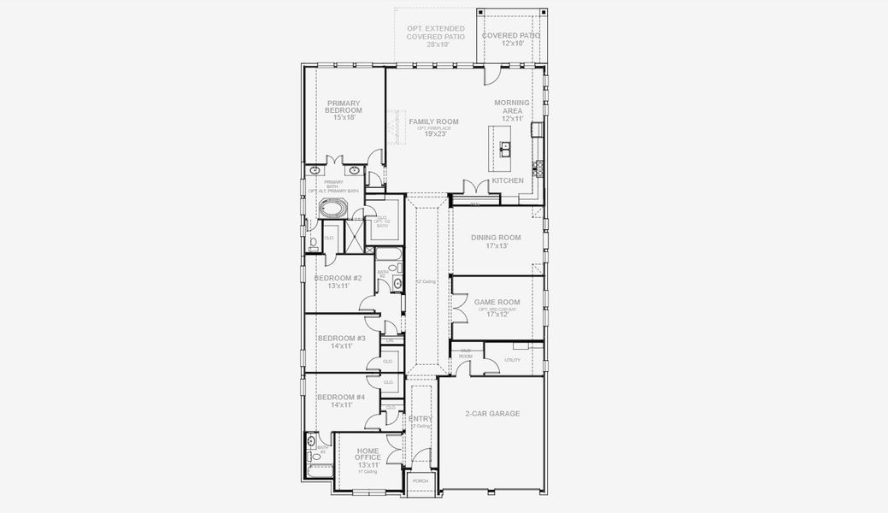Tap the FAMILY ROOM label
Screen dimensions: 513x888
pos(433,122)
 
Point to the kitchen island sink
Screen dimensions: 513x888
pos(505,147)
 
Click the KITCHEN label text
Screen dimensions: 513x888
pos(508,180)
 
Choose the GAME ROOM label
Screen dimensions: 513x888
pos(497,302)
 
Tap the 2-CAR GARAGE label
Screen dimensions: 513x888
pos(492,414)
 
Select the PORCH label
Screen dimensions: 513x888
pos(420,481)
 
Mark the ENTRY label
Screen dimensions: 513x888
pos(420,419)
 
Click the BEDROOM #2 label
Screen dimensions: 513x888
pos(338,279)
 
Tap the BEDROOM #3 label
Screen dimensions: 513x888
pos(341,339)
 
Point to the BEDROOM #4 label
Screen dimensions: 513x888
pos(341,398)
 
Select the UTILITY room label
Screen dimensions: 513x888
pos(512,360)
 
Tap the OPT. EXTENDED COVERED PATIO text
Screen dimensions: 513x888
pos(436,32)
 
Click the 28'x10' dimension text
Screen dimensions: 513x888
pos(436,44)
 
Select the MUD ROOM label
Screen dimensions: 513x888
pos(467,353)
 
